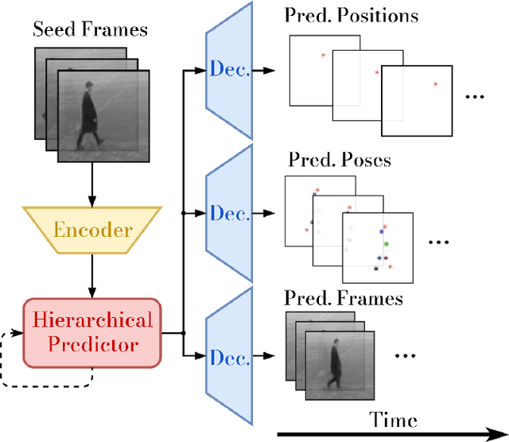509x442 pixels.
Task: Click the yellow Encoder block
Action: [x=93, y=230]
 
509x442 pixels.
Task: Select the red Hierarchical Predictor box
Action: [x=93, y=332]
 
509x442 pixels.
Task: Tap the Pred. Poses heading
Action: [x=338, y=160]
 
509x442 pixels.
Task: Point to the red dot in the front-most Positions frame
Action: [x=435, y=83]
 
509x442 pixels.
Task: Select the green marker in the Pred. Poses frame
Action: [x=385, y=243]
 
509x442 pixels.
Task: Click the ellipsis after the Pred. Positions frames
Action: [x=474, y=97]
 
